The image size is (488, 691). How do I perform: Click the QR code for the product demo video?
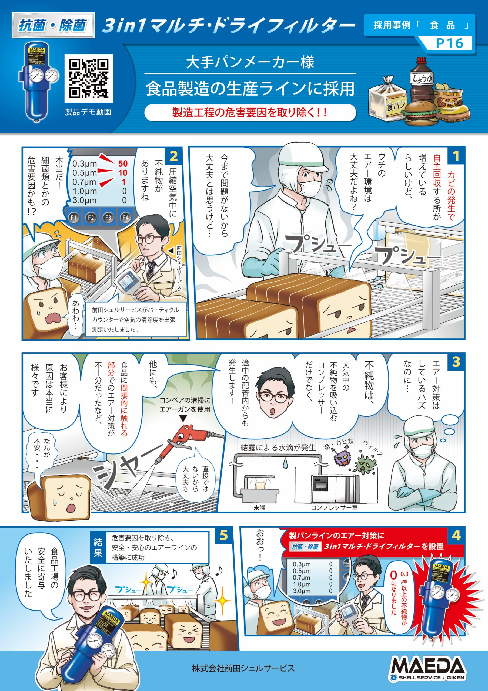click(89, 78)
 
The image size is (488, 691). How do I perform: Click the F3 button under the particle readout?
click(108, 217)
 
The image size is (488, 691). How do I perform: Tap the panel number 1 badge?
click(456, 156)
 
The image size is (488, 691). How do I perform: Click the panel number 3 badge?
click(456, 362)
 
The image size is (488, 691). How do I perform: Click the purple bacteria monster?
click(343, 460)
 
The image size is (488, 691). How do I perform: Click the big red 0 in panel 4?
click(393, 575)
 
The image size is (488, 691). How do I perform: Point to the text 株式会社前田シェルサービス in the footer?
click(243, 668)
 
